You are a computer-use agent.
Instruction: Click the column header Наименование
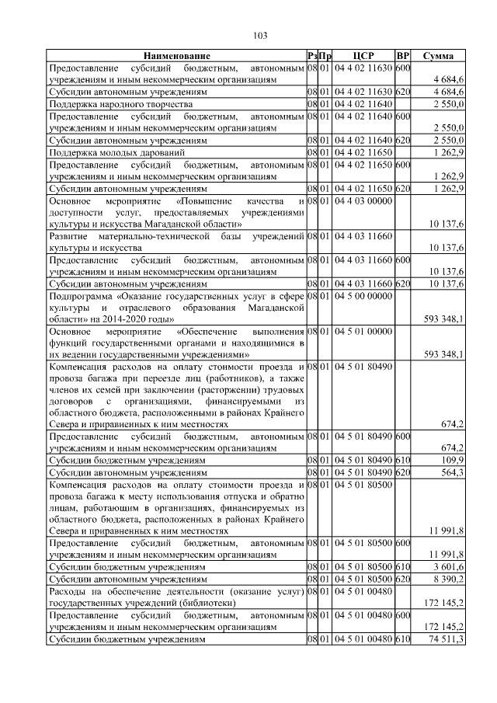click(x=176, y=57)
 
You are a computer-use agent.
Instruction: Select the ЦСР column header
click(x=363, y=57)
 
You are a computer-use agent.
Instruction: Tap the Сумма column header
click(x=438, y=57)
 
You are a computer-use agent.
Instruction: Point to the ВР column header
click(x=402, y=57)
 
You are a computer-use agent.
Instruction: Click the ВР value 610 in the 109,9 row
click(x=402, y=460)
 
